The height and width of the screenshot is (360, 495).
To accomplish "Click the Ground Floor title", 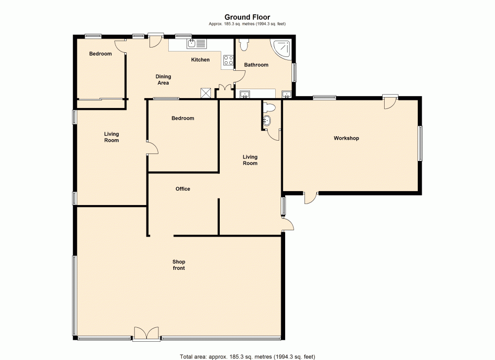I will click(x=247, y=17).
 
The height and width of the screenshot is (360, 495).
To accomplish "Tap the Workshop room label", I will click(x=346, y=138).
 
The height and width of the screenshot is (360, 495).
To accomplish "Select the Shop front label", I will click(x=179, y=265).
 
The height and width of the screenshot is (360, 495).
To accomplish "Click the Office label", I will click(x=183, y=189).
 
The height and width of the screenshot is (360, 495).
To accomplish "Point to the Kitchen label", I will click(x=200, y=60).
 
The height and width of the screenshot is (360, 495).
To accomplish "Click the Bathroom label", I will click(x=256, y=65).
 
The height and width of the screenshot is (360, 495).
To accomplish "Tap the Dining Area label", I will click(x=163, y=80).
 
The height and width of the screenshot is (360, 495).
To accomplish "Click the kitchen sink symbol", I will click(x=196, y=44).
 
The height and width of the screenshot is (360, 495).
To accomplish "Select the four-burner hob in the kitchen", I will click(x=229, y=60).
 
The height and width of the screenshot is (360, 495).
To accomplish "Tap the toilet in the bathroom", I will click(x=243, y=45).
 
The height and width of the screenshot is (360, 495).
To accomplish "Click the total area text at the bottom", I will click(x=247, y=356).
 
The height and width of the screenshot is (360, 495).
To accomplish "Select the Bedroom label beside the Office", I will click(x=183, y=118).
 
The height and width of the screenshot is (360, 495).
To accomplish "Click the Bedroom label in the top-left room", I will click(x=100, y=53).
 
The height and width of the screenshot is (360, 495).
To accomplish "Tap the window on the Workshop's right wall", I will click(x=420, y=143).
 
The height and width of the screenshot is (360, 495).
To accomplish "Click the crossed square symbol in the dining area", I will click(x=205, y=93).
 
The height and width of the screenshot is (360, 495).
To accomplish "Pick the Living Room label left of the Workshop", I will click(x=250, y=160).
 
